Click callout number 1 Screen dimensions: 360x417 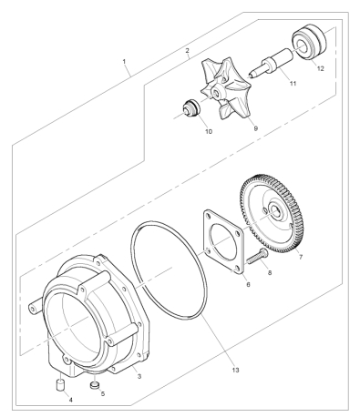(124, 61)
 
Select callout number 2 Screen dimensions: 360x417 (187, 50)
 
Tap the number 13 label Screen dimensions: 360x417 (235, 370)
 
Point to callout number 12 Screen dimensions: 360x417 (321, 68)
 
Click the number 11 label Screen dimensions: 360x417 (293, 83)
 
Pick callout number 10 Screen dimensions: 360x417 (209, 131)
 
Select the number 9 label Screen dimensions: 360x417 (255, 128)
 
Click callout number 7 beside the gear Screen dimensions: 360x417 (301, 257)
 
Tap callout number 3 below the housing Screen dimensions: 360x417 (139, 377)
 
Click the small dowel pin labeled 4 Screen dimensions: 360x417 (60, 384)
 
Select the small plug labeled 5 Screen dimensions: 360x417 (95, 386)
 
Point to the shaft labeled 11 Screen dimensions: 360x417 (272, 62)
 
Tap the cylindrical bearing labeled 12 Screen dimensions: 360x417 (309, 42)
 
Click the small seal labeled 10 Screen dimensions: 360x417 (190, 109)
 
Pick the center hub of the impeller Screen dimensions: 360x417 (217, 92)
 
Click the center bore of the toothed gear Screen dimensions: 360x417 (277, 212)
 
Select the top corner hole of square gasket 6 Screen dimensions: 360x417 (208, 217)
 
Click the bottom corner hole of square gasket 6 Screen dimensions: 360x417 (237, 268)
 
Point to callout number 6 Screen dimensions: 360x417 (248, 285)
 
